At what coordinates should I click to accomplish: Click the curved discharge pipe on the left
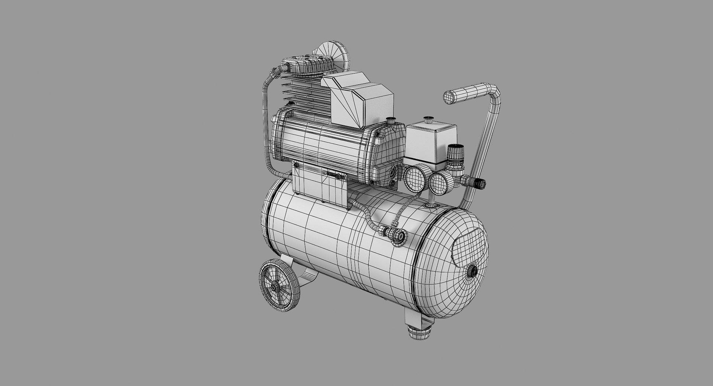tap(267, 123)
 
